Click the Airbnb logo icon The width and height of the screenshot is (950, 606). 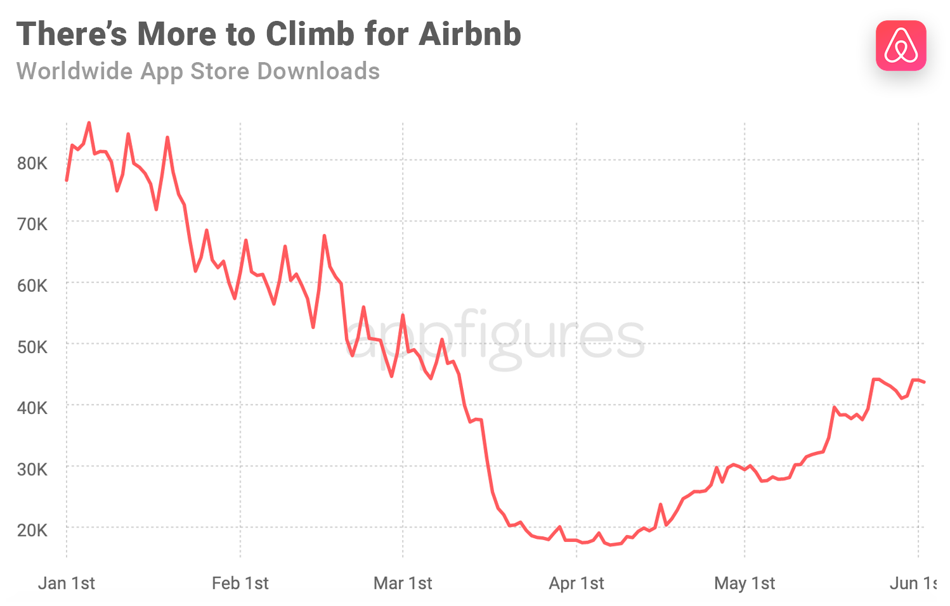pos(901,46)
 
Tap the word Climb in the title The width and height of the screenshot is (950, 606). pos(308,34)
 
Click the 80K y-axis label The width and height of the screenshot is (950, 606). pos(32,164)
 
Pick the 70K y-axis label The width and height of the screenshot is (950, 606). pos(32,224)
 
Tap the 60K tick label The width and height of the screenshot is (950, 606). pos(32,286)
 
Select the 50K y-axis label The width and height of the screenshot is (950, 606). pos(32,347)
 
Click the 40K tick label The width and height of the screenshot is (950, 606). pos(32,408)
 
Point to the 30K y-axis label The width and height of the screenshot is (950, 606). pos(32,469)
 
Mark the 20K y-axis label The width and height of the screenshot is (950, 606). pos(32,530)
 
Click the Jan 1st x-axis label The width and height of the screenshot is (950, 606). pos(67,583)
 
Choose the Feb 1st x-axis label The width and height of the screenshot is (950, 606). pos(240,583)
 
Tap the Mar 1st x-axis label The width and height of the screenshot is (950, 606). pos(403,583)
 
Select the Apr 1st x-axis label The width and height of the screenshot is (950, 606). pos(576,583)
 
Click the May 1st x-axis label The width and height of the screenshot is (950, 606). pos(745,583)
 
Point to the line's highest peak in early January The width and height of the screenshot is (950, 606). pos(89,123)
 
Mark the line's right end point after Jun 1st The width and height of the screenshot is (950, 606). pos(924,382)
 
